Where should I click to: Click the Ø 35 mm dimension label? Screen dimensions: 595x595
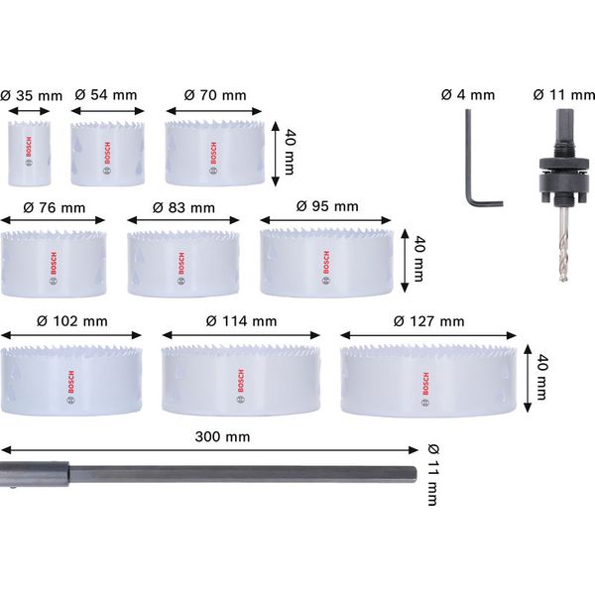(31, 96)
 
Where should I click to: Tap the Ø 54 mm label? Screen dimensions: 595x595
(107, 95)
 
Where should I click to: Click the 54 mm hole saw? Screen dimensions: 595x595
(107, 155)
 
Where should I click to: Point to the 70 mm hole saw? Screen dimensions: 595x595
(215, 155)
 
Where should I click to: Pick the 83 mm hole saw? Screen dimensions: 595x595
(182, 264)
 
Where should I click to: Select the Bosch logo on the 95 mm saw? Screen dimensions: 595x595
(326, 262)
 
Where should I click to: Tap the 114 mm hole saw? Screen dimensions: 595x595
(240, 381)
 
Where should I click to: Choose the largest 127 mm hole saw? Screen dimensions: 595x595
(427, 381)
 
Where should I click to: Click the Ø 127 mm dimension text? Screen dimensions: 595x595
(427, 321)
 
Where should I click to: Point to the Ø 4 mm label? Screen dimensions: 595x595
(467, 95)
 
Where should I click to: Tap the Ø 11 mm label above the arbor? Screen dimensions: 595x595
(559, 95)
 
